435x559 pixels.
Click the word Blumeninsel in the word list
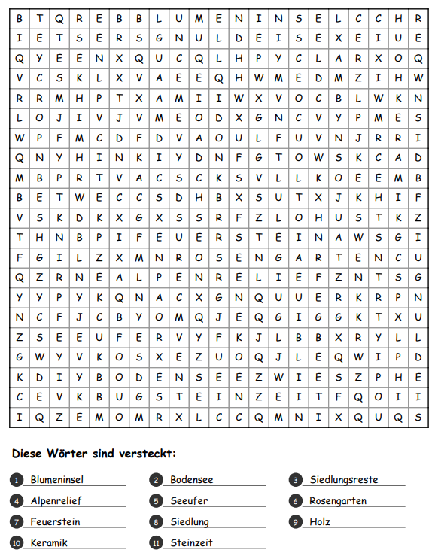pyautogui.click(x=56, y=479)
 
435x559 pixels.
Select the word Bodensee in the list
pyautogui.click(x=191, y=479)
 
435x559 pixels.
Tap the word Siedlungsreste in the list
pyautogui.click(x=343, y=479)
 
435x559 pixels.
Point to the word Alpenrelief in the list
pyautogui.click(x=56, y=500)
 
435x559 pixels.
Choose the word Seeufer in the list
pyautogui.click(x=189, y=500)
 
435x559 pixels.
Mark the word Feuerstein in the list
pyautogui.click(x=55, y=521)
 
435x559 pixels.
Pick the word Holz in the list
pyautogui.click(x=320, y=521)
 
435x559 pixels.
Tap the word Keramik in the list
pyautogui.click(x=49, y=542)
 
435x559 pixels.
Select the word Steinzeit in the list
pyautogui.click(x=191, y=542)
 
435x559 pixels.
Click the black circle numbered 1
pyautogui.click(x=17, y=480)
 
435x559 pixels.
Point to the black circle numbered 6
pyautogui.click(x=296, y=501)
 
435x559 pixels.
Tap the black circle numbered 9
pyautogui.click(x=296, y=522)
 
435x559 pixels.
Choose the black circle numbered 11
pyautogui.click(x=156, y=543)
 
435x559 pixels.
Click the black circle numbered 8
pyautogui.click(x=156, y=522)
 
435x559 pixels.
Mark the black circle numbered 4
pyautogui.click(x=17, y=501)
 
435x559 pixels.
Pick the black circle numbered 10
pyautogui.click(x=17, y=543)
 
